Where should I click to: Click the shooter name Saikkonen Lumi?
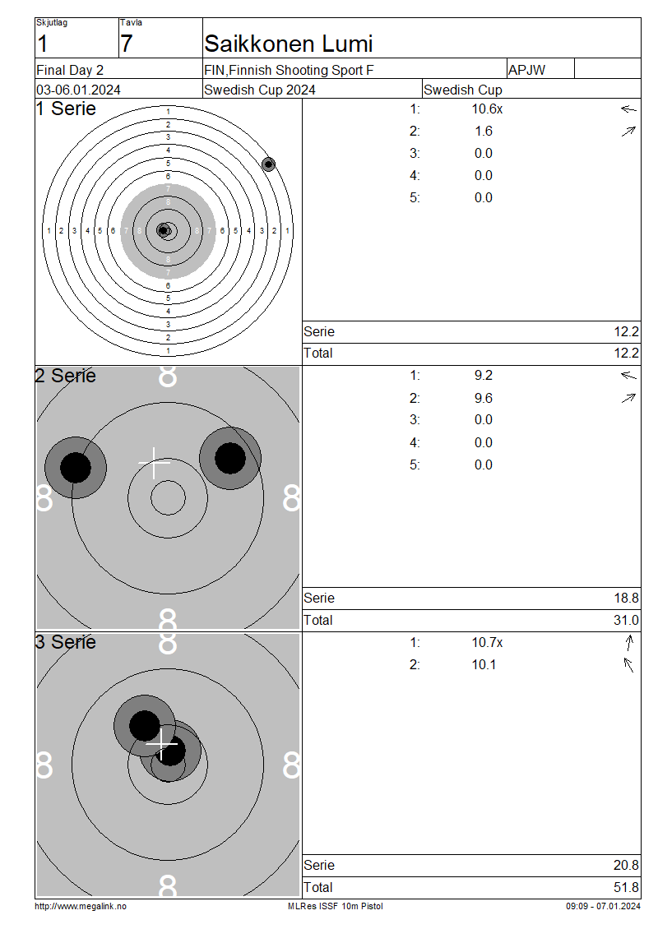point(288,44)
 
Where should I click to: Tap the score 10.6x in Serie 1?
point(487,109)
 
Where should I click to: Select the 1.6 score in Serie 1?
point(484,131)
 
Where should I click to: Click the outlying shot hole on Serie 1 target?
point(268,164)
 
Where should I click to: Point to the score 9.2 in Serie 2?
point(484,376)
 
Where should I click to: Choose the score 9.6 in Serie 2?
point(484,398)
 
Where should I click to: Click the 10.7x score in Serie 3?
point(487,643)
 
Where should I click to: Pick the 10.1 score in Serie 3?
point(484,665)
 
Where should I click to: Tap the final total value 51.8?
point(626,888)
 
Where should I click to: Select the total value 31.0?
point(626,621)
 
